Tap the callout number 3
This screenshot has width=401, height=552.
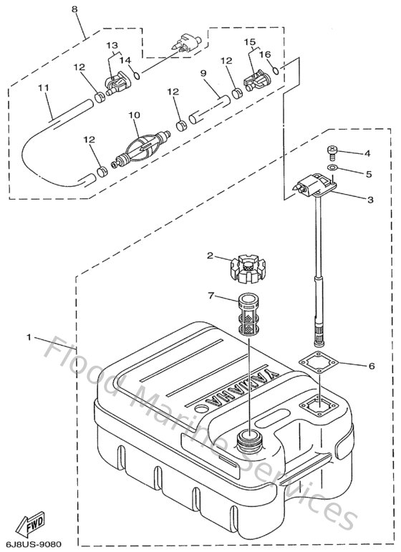click(x=369, y=200)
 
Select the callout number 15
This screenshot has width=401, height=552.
click(x=250, y=42)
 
